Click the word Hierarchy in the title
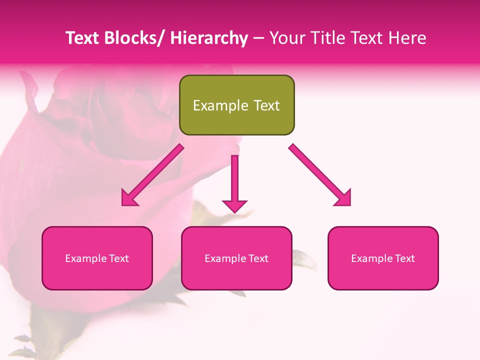208,38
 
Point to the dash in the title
258,38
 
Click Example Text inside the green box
236,105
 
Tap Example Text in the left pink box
97,258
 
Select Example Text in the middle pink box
236,258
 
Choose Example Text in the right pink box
383,258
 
